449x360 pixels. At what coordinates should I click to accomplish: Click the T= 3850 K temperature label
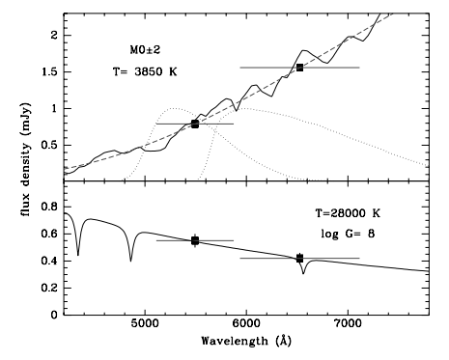(x=145, y=72)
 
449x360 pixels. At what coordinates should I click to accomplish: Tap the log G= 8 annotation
(x=367, y=234)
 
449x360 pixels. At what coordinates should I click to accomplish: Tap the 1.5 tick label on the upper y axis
(x=48, y=72)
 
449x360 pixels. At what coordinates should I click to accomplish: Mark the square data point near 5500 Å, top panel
(x=195, y=124)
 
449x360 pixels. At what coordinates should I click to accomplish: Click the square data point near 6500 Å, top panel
(x=299, y=68)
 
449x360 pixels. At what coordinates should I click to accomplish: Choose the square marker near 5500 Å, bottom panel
(x=195, y=240)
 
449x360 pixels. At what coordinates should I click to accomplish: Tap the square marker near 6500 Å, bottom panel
(x=299, y=258)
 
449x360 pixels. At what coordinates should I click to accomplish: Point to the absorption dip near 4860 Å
(x=130, y=261)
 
